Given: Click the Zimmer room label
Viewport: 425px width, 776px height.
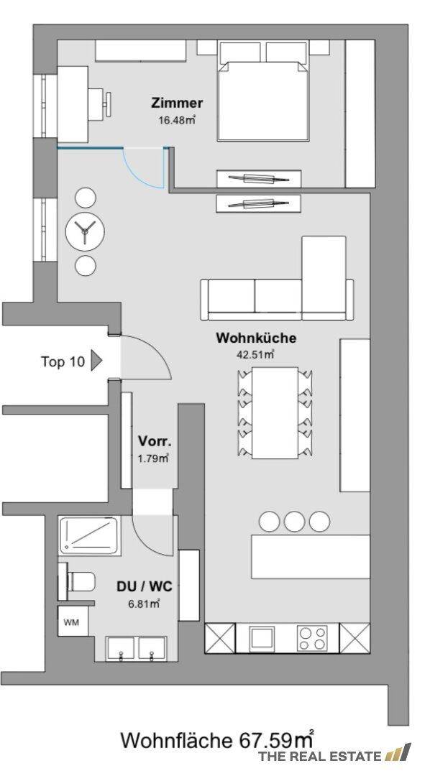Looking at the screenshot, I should click(x=177, y=103).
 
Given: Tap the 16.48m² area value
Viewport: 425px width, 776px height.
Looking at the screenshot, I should click(x=177, y=121).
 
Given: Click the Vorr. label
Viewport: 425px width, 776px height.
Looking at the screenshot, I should click(x=154, y=442).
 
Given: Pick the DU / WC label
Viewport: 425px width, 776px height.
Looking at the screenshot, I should click(x=143, y=586).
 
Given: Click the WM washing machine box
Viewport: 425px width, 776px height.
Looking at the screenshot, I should click(x=71, y=622).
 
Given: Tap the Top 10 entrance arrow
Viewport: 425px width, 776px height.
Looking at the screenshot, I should click(x=97, y=361).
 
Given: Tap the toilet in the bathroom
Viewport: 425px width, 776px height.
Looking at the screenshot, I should click(x=81, y=581).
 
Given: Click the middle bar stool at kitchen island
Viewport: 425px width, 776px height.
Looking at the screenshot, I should click(x=294, y=521).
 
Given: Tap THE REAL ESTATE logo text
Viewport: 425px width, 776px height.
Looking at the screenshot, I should click(x=319, y=756).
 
